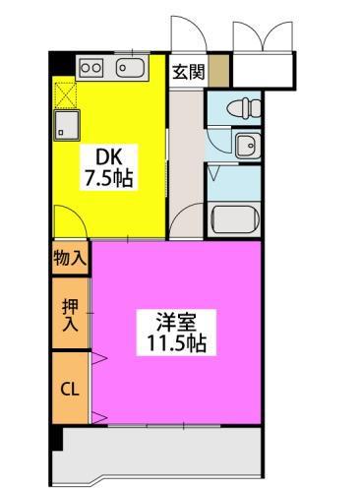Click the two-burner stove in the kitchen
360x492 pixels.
[x=90, y=68]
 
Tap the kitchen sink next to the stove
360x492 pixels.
[x=130, y=68]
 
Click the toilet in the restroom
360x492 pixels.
[x=239, y=107]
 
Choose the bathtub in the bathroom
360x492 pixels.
[x=235, y=218]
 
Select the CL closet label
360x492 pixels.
[x=70, y=388]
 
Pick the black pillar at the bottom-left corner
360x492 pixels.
[x=58, y=438]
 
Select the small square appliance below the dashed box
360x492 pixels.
[x=66, y=125]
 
